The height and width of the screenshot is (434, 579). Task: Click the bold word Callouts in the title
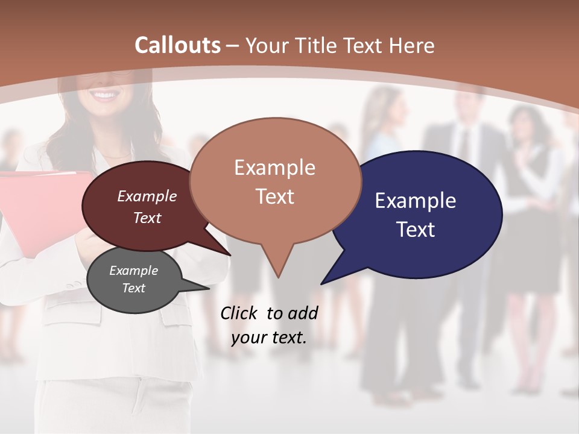[177, 45]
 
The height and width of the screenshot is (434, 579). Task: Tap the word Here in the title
[412, 45]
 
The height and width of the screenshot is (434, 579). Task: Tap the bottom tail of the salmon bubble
[277, 275]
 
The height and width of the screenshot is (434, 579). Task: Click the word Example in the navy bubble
[416, 201]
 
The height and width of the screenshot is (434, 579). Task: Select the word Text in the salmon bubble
[275, 197]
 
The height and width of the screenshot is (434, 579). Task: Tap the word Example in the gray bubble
[134, 271]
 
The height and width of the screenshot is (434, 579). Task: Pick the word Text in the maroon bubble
[147, 218]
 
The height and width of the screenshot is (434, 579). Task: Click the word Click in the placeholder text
[239, 313]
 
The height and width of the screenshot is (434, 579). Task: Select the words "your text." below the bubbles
[269, 338]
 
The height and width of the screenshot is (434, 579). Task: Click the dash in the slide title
[233, 45]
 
